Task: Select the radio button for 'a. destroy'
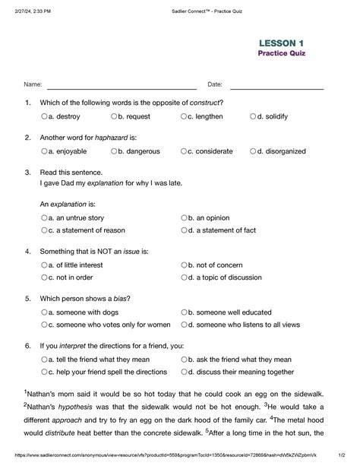(x=44, y=117)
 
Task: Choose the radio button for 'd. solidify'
(x=254, y=117)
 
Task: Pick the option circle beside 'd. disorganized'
(x=254, y=151)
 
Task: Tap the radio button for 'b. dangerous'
(x=114, y=151)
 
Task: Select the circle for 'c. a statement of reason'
(x=44, y=230)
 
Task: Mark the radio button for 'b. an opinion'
(x=184, y=217)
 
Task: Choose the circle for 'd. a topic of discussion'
(x=184, y=277)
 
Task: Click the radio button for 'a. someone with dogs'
(x=44, y=312)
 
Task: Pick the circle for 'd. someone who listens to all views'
(x=184, y=325)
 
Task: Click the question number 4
(x=27, y=251)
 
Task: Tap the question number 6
(x=27, y=345)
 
